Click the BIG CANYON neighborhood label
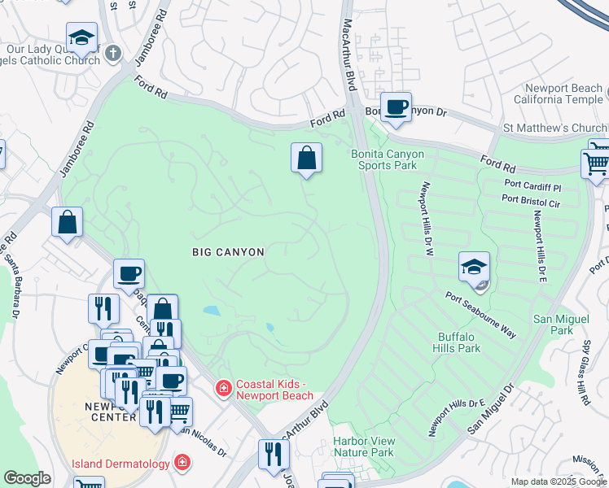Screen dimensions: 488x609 point(228,252)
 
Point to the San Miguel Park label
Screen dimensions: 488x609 point(553,325)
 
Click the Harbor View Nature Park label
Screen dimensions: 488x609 point(363,447)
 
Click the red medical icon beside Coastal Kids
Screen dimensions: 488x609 point(222,390)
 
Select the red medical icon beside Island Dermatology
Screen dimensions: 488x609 point(184,464)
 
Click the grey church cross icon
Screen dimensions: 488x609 point(112,54)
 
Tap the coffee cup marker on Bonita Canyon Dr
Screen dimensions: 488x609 point(397,107)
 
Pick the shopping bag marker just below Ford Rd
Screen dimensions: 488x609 point(307,158)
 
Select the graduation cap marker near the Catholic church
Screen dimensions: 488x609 point(81,37)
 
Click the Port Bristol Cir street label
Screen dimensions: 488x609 point(532,198)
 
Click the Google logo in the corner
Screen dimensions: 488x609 point(27,478)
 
